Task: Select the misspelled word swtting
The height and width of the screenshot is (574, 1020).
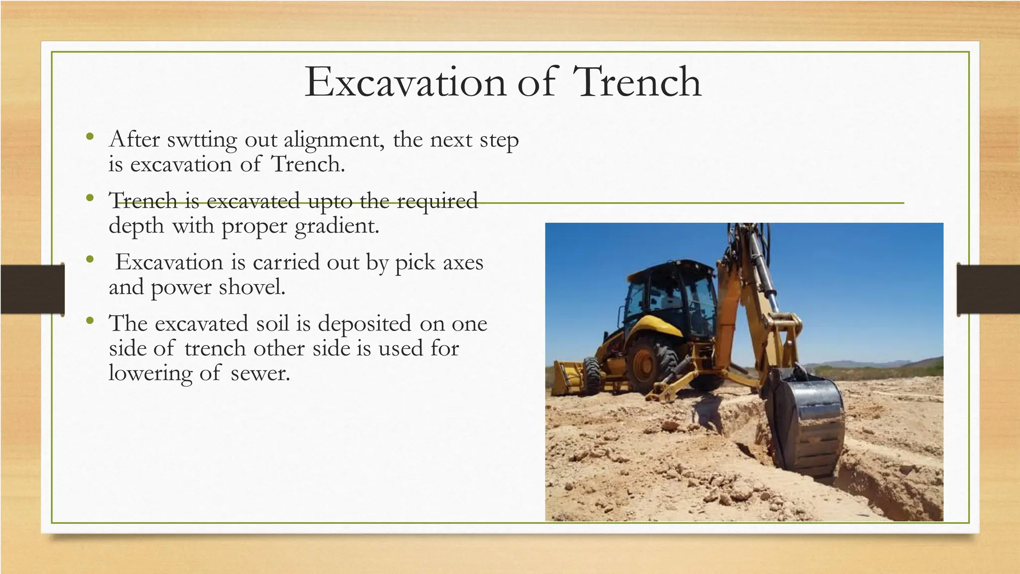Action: click(202, 140)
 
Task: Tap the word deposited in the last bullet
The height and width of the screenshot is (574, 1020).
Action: click(365, 324)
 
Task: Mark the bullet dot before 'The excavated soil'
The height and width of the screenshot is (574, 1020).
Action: click(89, 321)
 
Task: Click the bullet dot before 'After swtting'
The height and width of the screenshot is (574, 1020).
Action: click(89, 137)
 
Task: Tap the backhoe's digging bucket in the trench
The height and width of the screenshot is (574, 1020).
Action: click(806, 423)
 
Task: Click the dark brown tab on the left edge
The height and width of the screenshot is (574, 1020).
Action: click(32, 289)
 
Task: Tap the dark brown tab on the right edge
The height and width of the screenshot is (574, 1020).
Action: click(988, 289)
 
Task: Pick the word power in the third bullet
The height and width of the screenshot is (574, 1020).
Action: click(181, 288)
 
